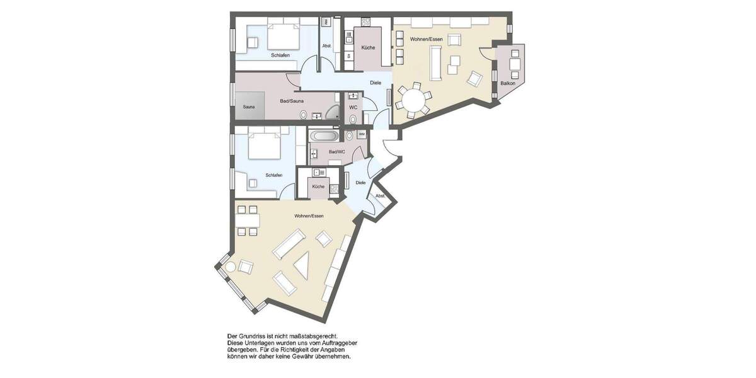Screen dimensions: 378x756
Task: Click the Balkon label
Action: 507,83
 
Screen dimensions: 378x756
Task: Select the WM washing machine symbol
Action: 362,134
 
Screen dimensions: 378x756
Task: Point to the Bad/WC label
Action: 336,152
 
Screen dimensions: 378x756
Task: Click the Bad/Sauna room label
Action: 292,100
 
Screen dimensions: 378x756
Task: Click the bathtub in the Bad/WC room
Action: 324,135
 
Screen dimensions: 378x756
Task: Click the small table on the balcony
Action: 515,64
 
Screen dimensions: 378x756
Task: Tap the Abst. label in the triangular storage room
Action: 380,196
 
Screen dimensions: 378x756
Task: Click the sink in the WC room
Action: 353,96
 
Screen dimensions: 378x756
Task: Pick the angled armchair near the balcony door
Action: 474,79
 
